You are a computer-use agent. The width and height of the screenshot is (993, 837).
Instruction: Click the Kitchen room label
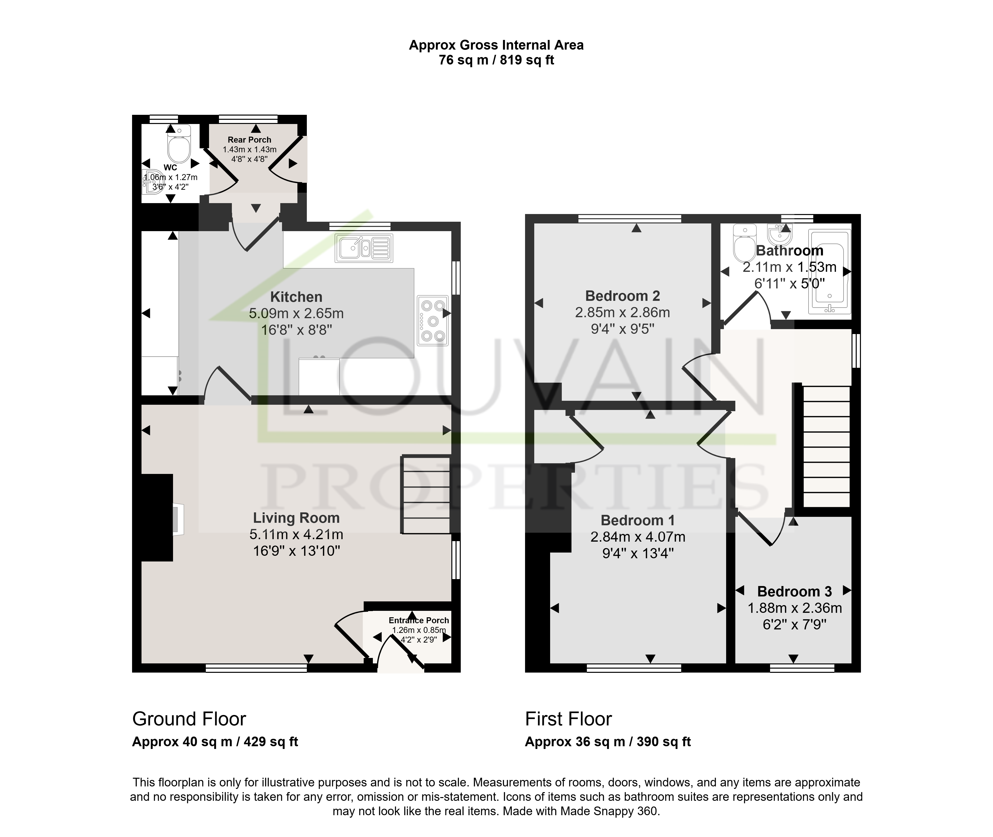tap(296, 297)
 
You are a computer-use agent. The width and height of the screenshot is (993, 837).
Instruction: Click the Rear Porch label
tap(249, 139)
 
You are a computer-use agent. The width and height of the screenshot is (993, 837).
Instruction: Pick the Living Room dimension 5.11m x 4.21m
tap(296, 534)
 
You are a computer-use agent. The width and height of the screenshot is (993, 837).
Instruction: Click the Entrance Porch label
tap(418, 620)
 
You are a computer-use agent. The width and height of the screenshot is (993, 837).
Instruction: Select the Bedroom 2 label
tap(623, 296)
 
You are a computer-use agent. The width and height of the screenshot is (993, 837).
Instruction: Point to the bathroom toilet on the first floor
tap(744, 243)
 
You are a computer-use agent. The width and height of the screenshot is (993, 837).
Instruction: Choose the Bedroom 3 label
tap(794, 592)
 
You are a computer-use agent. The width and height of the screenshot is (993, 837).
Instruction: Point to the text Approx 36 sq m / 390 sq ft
tap(608, 742)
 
